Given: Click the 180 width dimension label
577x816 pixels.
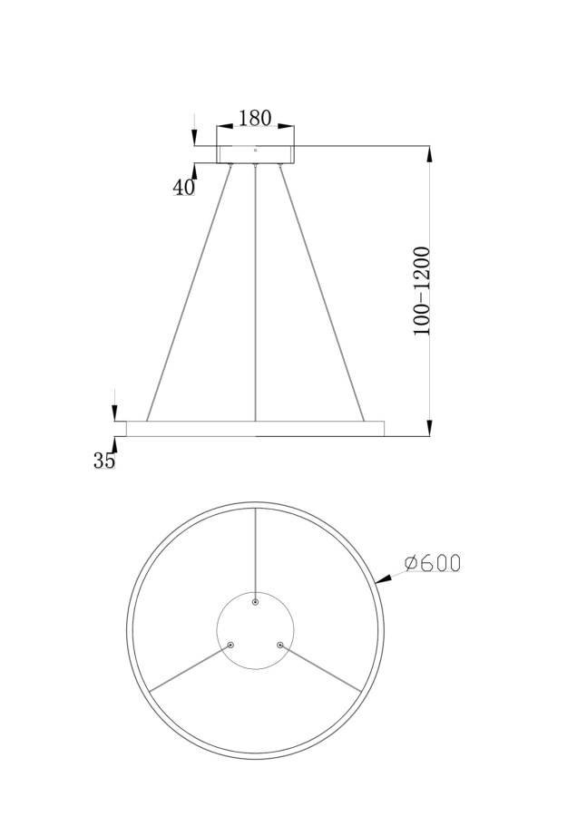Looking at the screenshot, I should [x=255, y=118].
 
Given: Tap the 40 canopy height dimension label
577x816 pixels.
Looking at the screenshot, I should [x=183, y=187].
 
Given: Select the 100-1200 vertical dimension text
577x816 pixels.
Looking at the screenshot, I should [x=422, y=291].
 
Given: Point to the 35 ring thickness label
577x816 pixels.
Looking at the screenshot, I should [x=104, y=460].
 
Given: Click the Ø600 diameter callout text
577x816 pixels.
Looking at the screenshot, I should [x=433, y=563].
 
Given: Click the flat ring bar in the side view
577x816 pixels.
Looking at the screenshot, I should [x=254, y=428].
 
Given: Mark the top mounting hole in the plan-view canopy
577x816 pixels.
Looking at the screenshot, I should [x=256, y=602].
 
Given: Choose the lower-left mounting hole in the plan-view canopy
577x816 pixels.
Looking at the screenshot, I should [x=230, y=645].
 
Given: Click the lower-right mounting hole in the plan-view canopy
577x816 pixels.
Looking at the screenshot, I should [x=280, y=645].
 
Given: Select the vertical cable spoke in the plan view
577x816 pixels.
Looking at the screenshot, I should [x=256, y=553].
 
